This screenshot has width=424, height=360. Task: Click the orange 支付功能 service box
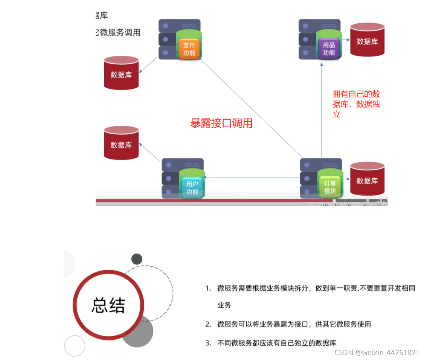coord(189,49)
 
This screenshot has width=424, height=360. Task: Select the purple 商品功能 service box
coord(329,49)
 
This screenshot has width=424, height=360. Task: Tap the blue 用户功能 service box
coord(192,188)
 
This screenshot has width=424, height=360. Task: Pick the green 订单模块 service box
coord(330,187)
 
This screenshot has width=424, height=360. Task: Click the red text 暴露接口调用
coord(221,123)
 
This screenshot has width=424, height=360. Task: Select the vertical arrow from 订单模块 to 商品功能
coord(322,109)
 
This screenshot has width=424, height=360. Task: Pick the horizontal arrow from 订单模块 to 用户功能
coord(252,177)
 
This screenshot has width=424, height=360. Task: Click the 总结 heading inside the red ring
coord(108,305)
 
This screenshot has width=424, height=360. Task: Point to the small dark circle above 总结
coord(137,259)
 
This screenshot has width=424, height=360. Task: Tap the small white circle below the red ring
coord(75,346)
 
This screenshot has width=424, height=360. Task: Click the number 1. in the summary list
coord(208,288)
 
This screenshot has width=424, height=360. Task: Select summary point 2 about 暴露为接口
coord(294,324)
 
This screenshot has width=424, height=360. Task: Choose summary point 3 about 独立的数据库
coord(276,343)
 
